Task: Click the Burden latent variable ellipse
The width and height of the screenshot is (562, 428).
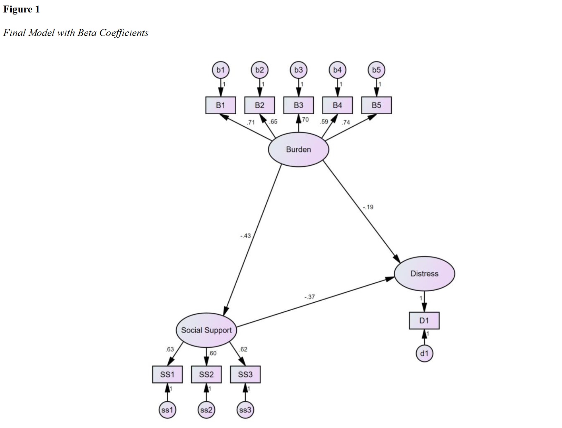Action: click(298, 149)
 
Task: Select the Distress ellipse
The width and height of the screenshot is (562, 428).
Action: click(424, 274)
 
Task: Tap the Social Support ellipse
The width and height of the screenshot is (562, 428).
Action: click(206, 330)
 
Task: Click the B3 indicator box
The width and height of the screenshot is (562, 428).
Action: click(298, 105)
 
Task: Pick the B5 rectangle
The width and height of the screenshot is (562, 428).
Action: click(376, 105)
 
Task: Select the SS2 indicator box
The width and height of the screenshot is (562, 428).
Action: click(206, 374)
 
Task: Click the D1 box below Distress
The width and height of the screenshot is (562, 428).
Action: click(424, 321)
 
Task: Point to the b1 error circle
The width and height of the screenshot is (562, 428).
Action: click(220, 70)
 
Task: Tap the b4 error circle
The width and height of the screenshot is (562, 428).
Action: click(337, 70)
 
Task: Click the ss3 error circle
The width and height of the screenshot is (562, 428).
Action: click(245, 410)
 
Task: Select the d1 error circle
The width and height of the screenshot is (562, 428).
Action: click(424, 353)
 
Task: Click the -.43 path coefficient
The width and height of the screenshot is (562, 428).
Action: click(245, 236)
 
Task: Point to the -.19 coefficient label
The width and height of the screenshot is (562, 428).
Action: click(368, 207)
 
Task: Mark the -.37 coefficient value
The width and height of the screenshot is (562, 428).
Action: click(309, 297)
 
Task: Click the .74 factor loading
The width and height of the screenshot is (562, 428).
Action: click(346, 122)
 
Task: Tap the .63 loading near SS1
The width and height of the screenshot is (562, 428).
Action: click(170, 349)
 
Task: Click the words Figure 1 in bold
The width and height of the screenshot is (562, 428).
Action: click(21, 9)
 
